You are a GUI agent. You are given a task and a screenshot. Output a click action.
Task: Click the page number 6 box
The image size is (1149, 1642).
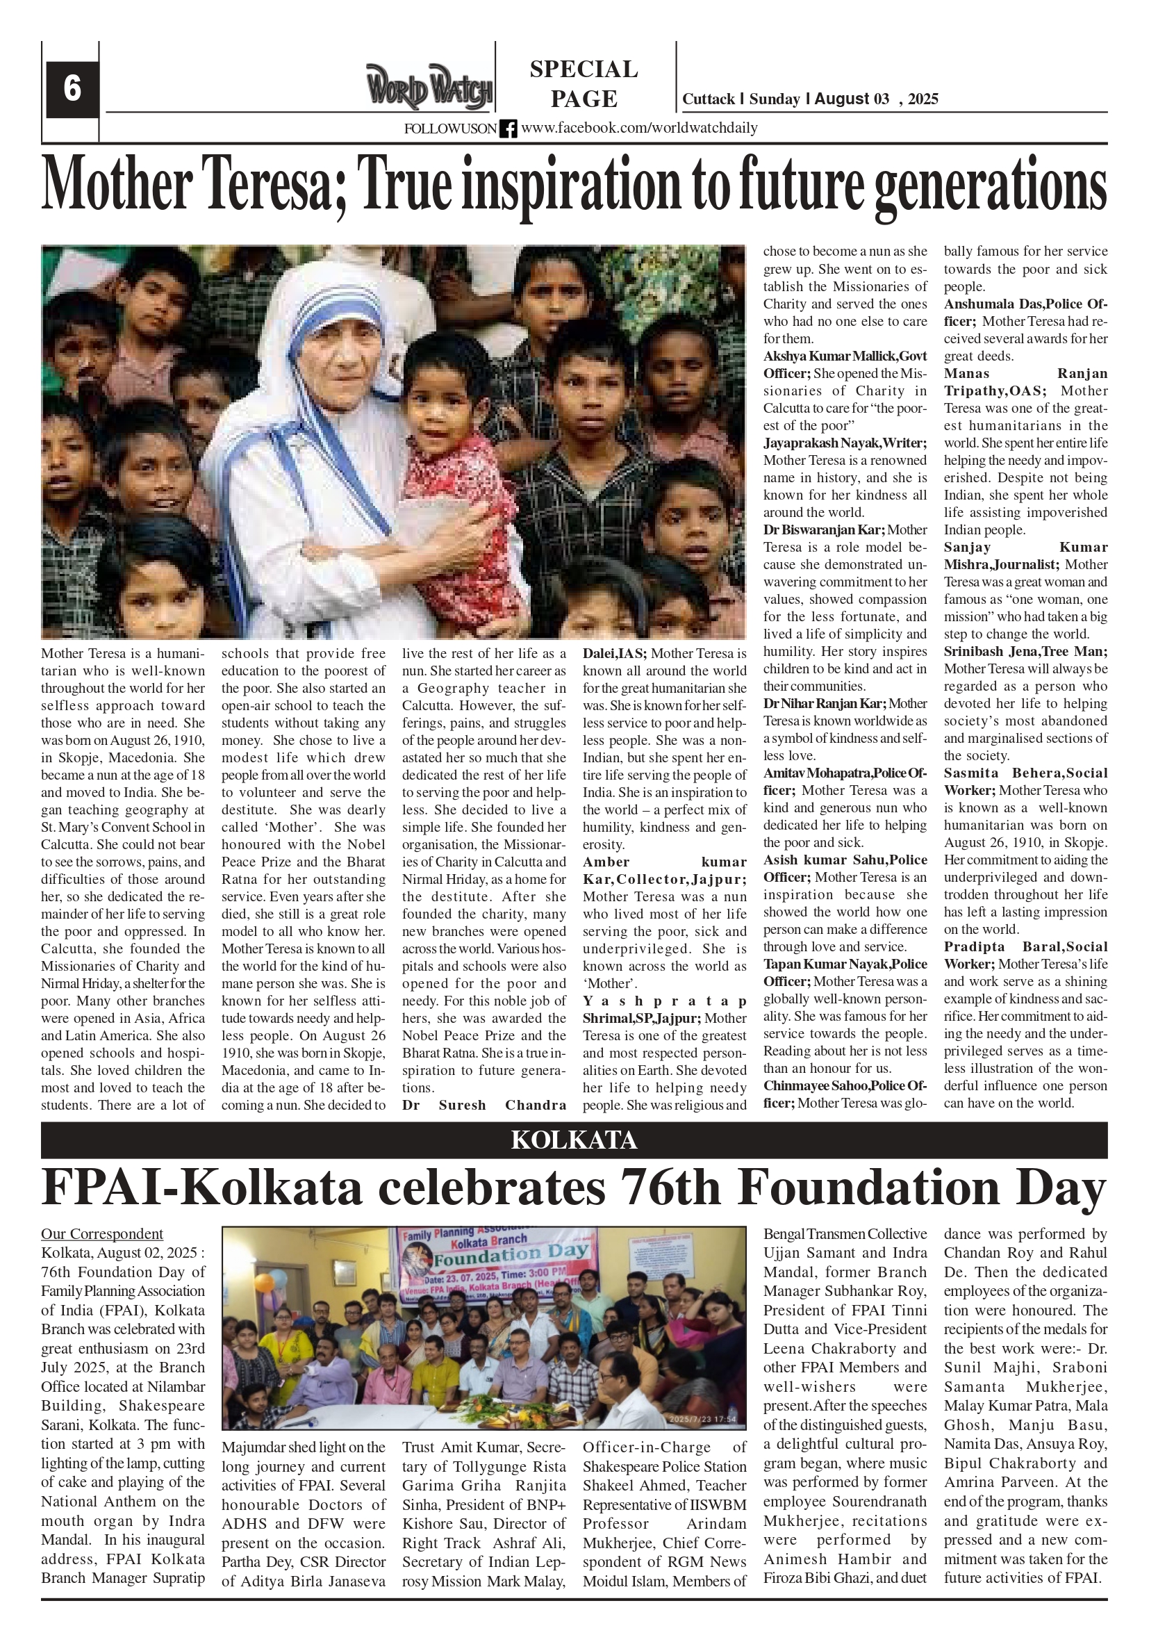[x=72, y=90]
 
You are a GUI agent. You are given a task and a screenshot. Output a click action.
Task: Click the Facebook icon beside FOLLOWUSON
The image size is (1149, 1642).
[x=508, y=129]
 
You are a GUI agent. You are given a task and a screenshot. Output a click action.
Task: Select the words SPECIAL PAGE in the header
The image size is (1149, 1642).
[x=584, y=83]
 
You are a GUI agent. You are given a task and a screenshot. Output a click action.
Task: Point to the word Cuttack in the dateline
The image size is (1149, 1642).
[x=708, y=99]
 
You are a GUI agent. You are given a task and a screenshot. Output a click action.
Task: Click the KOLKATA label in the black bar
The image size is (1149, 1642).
[x=573, y=1140]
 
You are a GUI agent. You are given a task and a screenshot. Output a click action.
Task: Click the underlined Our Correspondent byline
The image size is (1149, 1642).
[x=102, y=1233]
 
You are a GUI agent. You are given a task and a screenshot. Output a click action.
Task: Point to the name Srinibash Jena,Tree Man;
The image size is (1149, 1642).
[x=1025, y=652]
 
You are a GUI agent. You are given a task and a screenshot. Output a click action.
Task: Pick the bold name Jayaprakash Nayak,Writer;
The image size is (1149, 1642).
[x=845, y=443]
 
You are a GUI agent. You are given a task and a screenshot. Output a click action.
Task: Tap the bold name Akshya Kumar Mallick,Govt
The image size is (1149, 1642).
[x=845, y=356]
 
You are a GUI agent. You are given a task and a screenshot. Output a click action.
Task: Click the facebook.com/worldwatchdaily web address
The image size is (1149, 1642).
[x=639, y=128]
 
